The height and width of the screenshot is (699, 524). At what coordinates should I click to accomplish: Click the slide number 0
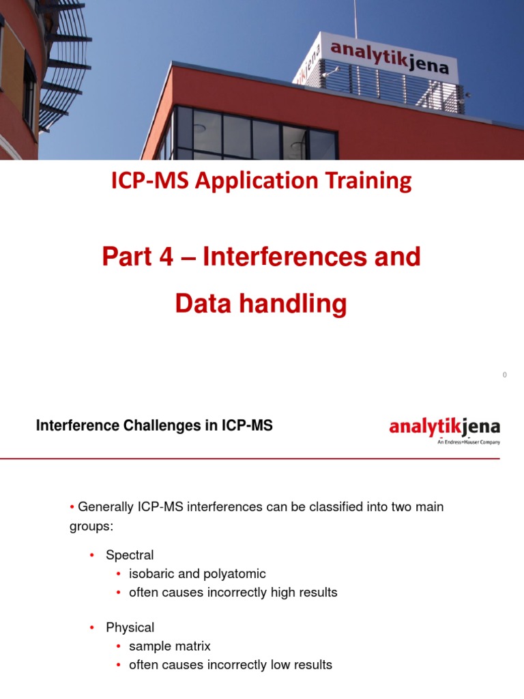coord(504,375)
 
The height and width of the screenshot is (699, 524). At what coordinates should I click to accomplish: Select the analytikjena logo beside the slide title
coord(444,427)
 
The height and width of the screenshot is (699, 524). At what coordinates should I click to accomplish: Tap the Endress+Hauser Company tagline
coord(469,442)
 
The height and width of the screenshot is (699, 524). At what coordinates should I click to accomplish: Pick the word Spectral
coord(130,555)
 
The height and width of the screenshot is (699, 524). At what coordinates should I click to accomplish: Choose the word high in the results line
coord(278,593)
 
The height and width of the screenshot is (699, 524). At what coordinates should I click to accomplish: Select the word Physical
coord(130,627)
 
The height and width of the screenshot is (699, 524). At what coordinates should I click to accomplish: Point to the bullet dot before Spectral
coord(91,556)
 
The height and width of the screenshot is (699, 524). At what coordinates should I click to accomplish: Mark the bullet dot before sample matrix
coord(119,646)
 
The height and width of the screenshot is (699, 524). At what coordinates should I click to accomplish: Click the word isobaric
coord(153,574)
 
